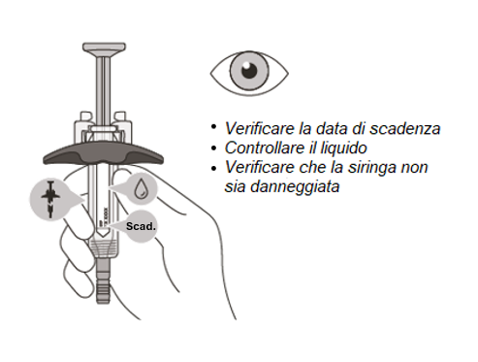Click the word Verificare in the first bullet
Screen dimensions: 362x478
point(255,129)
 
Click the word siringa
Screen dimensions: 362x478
point(374,168)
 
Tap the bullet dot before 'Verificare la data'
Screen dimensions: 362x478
point(213,126)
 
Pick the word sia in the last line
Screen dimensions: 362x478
point(236,186)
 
